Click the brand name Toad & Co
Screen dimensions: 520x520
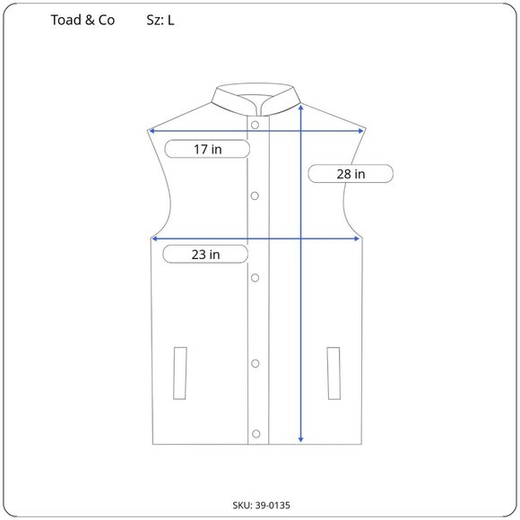pyautogui.click(x=82, y=20)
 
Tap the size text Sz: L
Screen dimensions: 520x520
pyautogui.click(x=160, y=20)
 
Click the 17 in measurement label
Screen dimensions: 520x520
pyautogui.click(x=208, y=150)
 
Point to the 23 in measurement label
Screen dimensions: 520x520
pyautogui.click(x=205, y=255)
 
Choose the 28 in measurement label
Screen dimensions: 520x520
pyautogui.click(x=351, y=174)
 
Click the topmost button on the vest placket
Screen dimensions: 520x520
pyautogui.click(x=256, y=124)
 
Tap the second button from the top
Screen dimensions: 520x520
pyautogui.click(x=256, y=195)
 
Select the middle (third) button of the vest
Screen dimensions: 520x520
pyautogui.click(x=256, y=278)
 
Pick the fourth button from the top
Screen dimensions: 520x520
pyautogui.click(x=256, y=363)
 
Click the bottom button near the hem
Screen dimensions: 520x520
pyautogui.click(x=256, y=434)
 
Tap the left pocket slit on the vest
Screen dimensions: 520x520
pyautogui.click(x=180, y=371)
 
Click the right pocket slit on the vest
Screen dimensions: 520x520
pyautogui.click(x=334, y=371)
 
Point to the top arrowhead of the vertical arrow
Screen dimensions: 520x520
pyautogui.click(x=300, y=107)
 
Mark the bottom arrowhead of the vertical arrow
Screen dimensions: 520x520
pyautogui.click(x=300, y=439)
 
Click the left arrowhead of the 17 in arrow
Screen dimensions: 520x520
pyautogui.click(x=152, y=131)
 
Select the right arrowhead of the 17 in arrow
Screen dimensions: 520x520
pyautogui.click(x=360, y=131)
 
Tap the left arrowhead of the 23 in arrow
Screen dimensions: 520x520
pyautogui.click(x=155, y=238)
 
